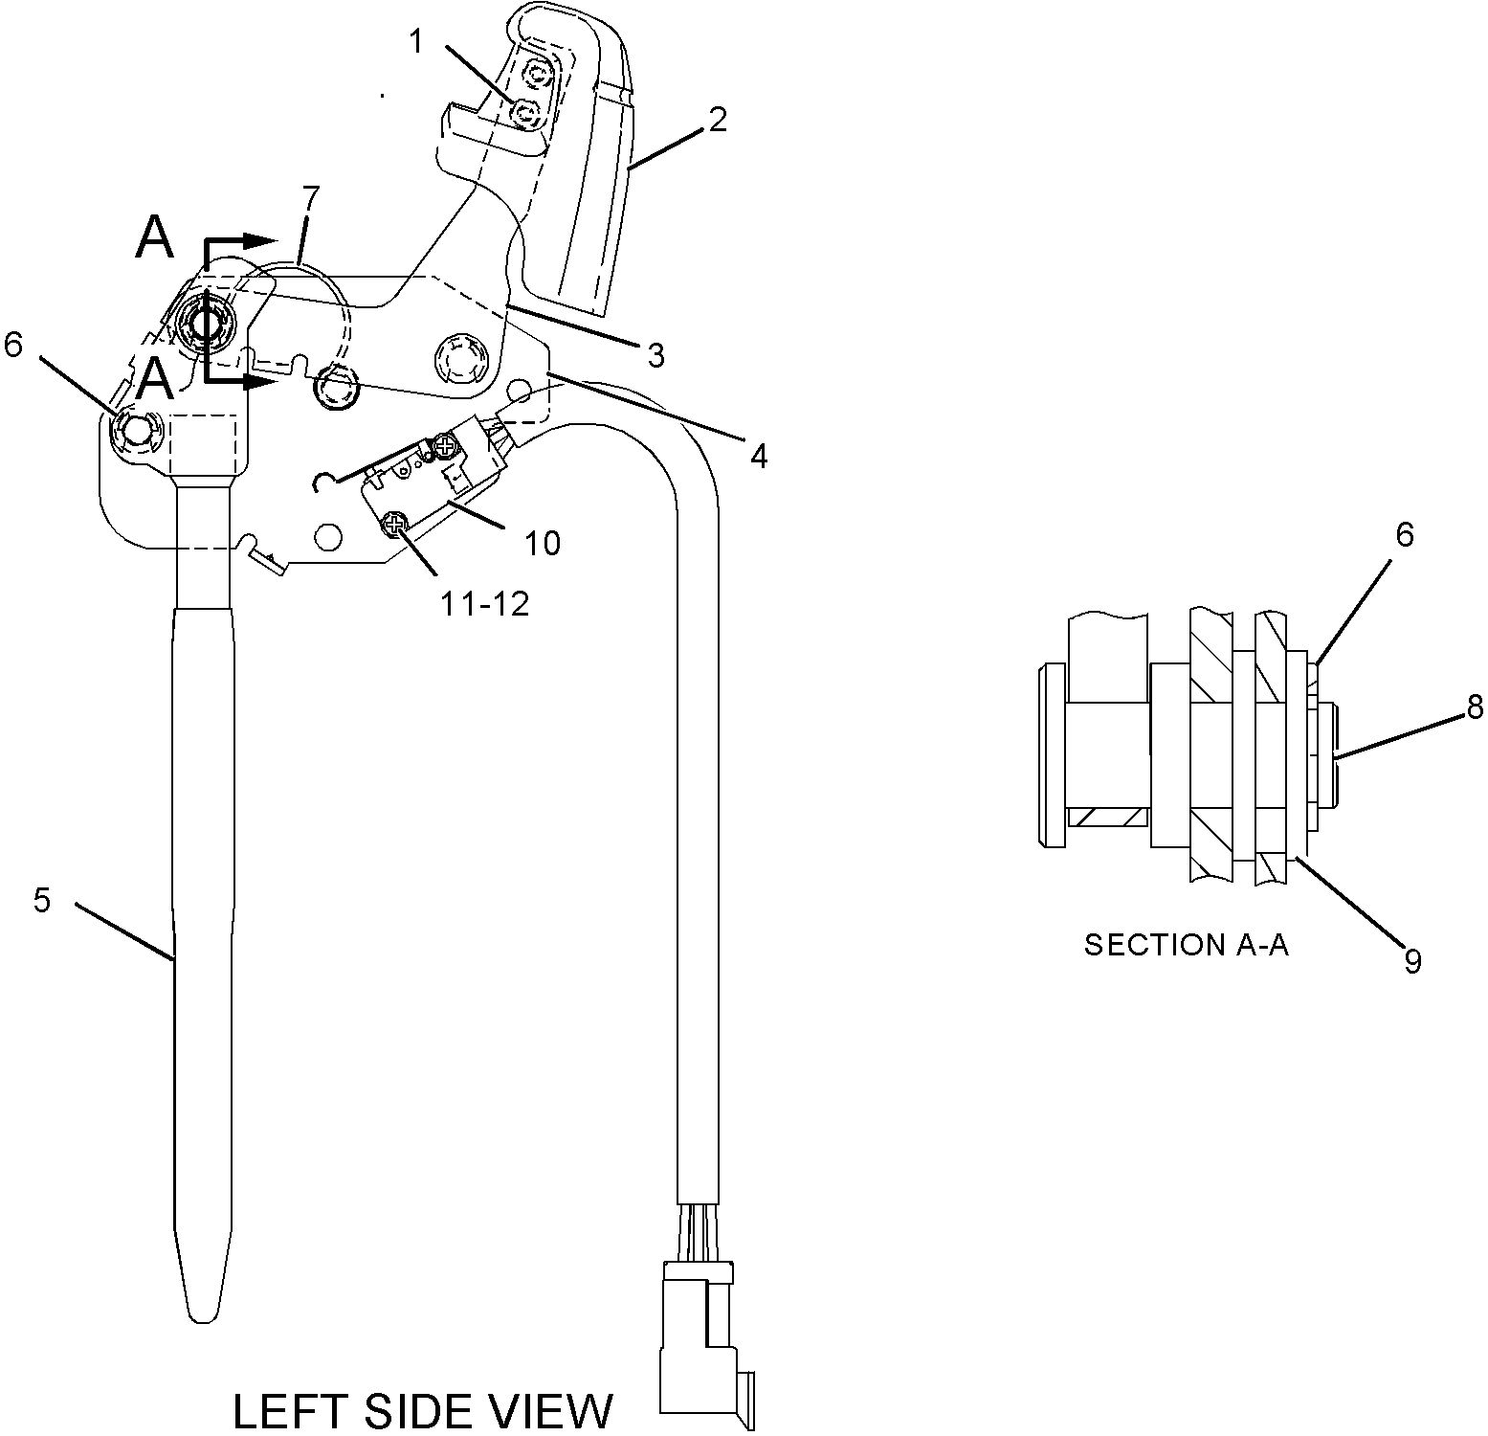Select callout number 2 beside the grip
tap(718, 120)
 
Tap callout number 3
tap(655, 355)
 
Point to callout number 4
tap(758, 457)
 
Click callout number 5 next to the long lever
tap(41, 900)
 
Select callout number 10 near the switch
tap(543, 543)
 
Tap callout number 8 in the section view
tap(1475, 707)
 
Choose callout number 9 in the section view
tap(1412, 960)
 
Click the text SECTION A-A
tap(1186, 945)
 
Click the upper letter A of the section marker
tap(155, 237)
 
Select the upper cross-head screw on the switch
tap(444, 444)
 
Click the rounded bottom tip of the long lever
tap(203, 1307)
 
